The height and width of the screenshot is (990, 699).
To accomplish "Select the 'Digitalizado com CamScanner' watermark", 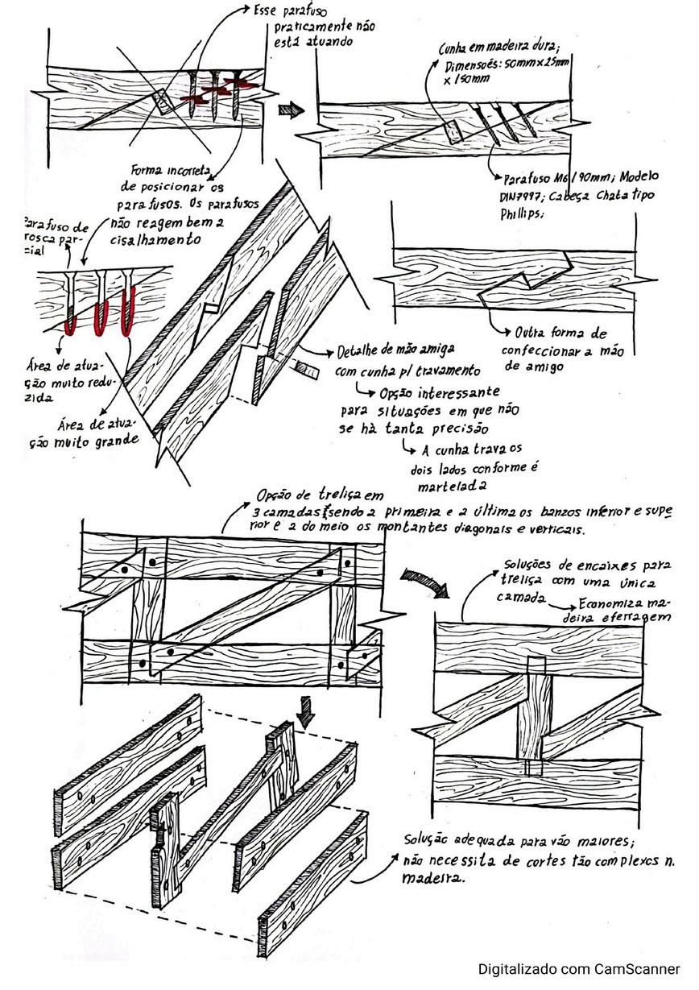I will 579,969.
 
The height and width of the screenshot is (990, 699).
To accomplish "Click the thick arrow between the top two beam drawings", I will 287,110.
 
